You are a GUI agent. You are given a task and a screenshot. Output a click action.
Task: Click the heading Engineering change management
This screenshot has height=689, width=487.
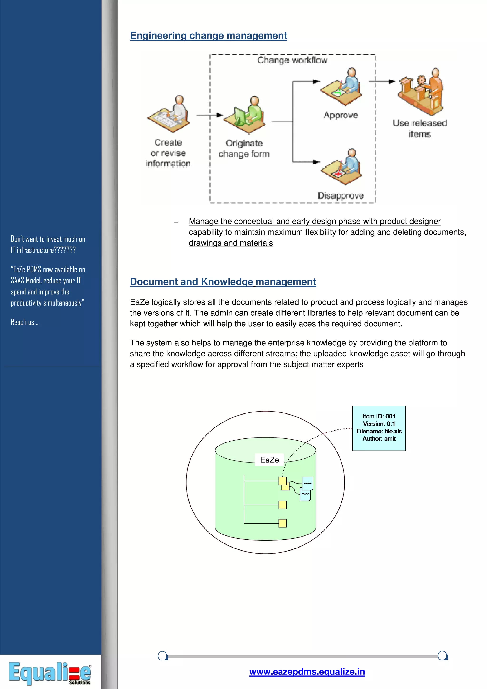(x=208, y=35)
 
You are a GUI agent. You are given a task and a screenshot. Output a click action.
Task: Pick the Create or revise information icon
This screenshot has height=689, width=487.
(x=169, y=114)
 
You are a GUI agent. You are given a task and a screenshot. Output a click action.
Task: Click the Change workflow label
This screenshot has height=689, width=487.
(x=292, y=60)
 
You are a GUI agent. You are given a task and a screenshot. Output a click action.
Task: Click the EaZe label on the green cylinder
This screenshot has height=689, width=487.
(x=269, y=460)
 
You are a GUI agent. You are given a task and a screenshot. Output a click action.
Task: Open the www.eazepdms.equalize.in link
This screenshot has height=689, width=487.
(x=307, y=672)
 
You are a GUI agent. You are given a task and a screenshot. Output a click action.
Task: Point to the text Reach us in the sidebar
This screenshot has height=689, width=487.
(x=24, y=322)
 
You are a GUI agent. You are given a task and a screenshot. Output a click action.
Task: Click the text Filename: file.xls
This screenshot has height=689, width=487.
(x=379, y=431)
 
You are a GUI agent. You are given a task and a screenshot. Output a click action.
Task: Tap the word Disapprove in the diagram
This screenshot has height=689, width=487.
(x=341, y=196)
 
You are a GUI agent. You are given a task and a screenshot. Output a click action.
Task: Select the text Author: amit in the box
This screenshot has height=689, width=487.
(x=379, y=439)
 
